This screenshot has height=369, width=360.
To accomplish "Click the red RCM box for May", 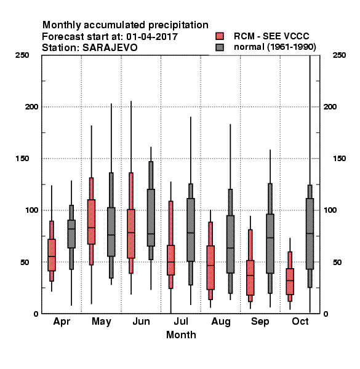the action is [x=91, y=221].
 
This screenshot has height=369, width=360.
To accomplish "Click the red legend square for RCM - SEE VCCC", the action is [x=220, y=36].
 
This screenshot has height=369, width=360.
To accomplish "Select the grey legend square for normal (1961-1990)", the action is [x=220, y=47].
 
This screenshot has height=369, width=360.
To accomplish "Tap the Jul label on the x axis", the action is [x=181, y=322].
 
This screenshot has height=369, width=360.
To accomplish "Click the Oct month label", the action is [x=300, y=322].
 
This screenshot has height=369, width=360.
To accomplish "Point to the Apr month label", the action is [x=62, y=322].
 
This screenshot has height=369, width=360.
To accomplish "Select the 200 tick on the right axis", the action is [x=330, y=107].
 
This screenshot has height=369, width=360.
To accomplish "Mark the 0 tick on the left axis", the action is [x=36, y=314].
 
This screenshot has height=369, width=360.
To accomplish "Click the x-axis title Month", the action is [x=181, y=335].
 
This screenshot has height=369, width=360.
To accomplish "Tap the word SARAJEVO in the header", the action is [x=110, y=48].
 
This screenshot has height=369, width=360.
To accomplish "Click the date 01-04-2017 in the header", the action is [x=152, y=37].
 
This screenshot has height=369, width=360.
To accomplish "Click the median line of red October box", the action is [x=290, y=280].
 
